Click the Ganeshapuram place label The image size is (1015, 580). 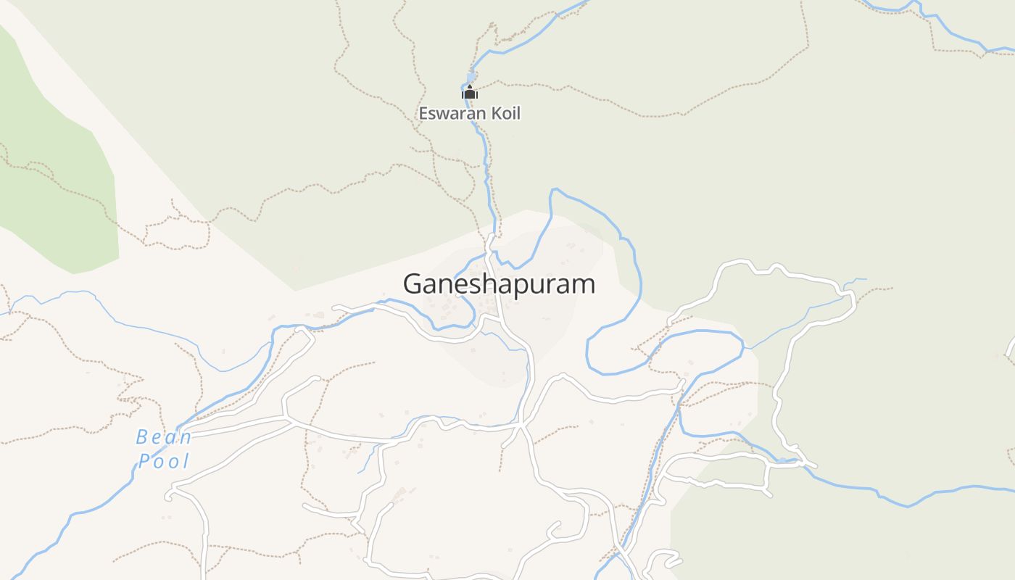499,284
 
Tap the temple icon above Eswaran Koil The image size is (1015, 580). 470,92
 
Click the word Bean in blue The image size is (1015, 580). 164,437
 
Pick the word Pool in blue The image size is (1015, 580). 164,461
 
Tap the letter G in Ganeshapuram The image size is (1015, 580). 413,283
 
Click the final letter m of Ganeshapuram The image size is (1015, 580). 585,284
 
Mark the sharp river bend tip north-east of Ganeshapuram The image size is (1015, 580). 554,191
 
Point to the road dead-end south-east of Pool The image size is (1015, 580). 168,497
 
